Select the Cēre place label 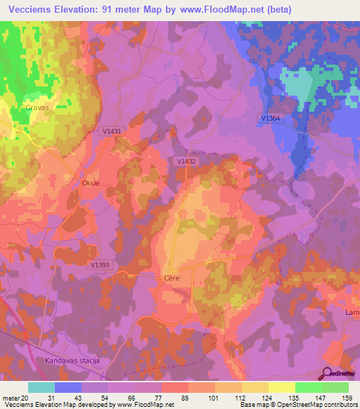pos(172,278)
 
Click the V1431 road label pos(112,131)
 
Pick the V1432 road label pos(186,161)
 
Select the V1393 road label pos(101,265)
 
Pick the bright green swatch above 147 pos(308,387)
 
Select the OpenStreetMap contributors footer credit pos(316,405)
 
